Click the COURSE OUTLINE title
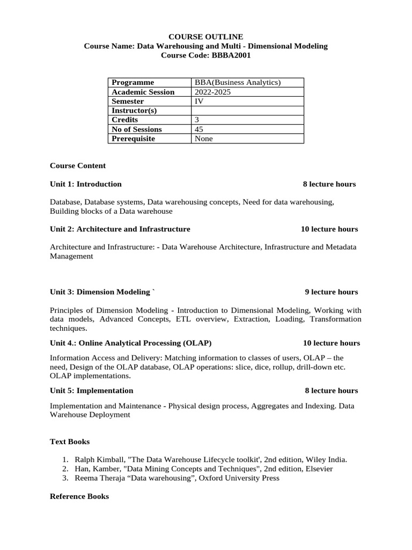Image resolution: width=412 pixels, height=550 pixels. [206, 37]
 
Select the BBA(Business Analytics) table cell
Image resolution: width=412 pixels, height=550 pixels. [238, 82]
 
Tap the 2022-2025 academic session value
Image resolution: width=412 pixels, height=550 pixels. [213, 92]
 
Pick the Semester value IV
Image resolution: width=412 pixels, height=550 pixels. [198, 101]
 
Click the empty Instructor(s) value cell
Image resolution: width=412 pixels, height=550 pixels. [248, 111]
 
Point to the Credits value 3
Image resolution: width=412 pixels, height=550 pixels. [197, 120]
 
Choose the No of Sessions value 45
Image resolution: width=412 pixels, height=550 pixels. [199, 129]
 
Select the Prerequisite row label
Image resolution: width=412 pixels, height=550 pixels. [133, 139]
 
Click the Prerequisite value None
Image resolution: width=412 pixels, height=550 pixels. [204, 139]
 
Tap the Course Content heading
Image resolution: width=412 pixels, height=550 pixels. [78, 165]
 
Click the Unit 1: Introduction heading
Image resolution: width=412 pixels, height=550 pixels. [86, 184]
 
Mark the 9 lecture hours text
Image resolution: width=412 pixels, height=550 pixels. [331, 292]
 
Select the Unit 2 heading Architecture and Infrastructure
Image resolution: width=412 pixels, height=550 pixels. [120, 229]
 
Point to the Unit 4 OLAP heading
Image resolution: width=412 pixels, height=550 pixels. [130, 343]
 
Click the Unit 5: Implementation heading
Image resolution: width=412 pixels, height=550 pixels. [92, 390]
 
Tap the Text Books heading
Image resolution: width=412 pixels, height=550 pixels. [70, 442]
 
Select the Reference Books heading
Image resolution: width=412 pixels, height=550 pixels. [79, 497]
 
